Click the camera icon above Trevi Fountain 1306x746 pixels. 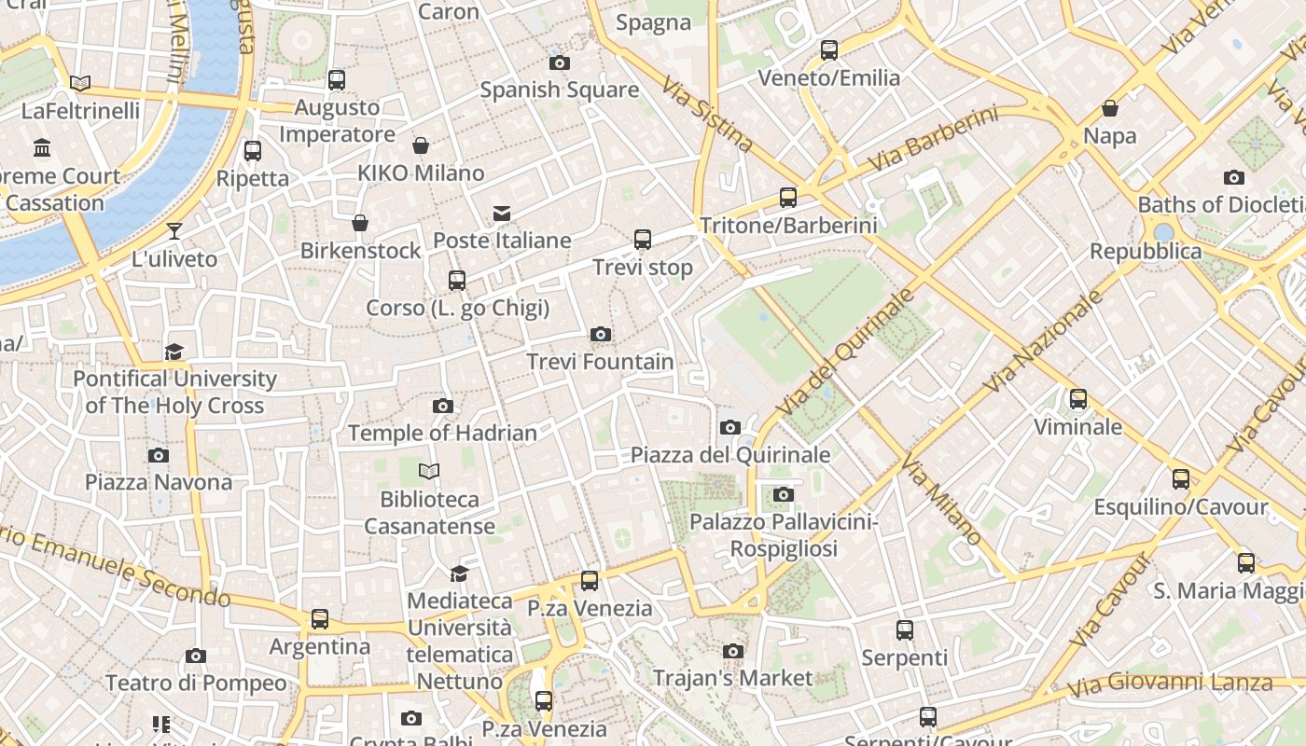coord(601,335)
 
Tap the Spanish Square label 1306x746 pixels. coord(559,90)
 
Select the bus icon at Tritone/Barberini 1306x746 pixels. coord(788,198)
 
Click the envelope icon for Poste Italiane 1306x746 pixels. coord(502,214)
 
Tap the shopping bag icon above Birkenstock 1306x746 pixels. coord(360,224)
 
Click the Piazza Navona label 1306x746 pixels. coord(159,482)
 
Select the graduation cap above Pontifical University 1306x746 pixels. coord(174,352)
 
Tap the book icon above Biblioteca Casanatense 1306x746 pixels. coord(429,472)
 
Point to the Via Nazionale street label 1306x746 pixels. coord(1043,341)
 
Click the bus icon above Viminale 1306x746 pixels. coord(1078,399)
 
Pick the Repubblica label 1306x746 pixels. coord(1146,252)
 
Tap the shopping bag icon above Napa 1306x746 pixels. coord(1110,109)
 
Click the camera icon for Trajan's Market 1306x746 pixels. coord(733,651)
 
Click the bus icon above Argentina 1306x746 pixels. coord(320,619)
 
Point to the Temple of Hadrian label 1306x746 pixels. coord(442,434)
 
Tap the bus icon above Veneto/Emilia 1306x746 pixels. coord(829,50)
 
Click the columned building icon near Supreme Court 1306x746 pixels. coord(42,148)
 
